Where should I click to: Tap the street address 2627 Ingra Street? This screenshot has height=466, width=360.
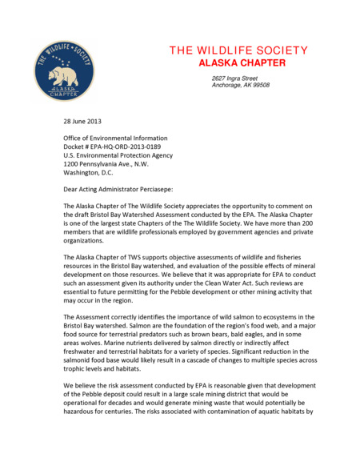click(234, 78)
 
